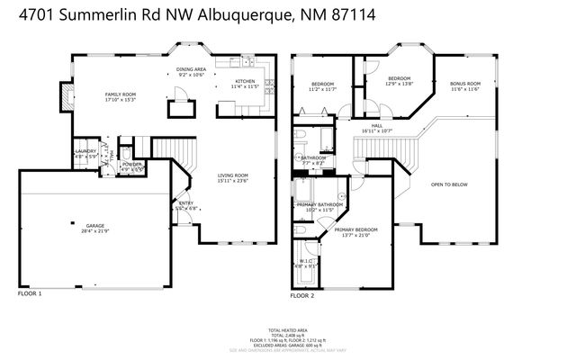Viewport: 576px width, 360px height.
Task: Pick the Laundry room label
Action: [85, 153]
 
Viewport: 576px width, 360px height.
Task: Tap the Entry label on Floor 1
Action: [186, 205]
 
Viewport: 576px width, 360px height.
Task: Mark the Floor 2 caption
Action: [301, 294]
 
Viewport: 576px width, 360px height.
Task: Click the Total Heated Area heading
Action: [288, 329]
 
